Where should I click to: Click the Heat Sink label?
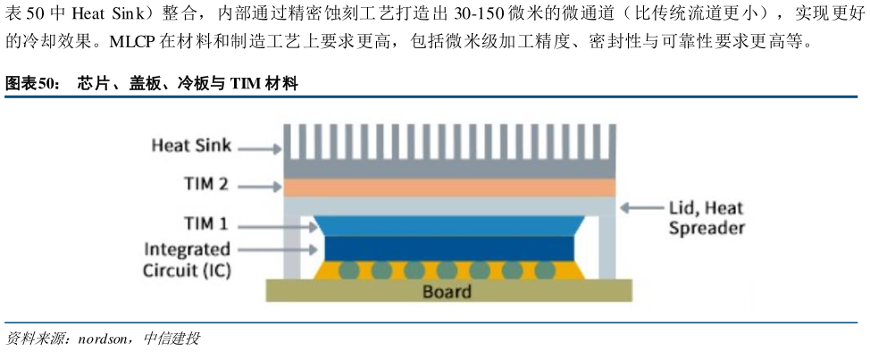click(x=190, y=146)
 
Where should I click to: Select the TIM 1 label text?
click(x=205, y=224)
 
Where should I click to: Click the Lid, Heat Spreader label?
click(x=706, y=218)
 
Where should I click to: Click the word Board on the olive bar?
click(x=447, y=291)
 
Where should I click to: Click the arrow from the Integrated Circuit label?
click(x=287, y=250)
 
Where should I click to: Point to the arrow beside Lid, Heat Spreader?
click(x=641, y=208)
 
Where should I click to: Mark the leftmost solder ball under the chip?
click(x=348, y=269)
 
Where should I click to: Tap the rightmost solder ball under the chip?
click(x=543, y=269)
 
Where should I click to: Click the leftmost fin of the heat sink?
click(x=288, y=141)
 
